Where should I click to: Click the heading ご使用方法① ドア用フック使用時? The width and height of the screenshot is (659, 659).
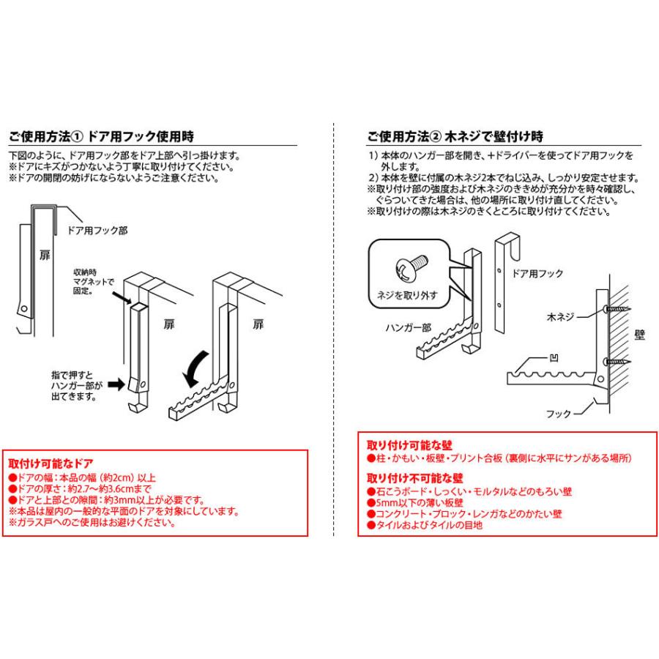tap(101, 136)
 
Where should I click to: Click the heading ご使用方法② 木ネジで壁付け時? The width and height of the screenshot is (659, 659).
tap(455, 136)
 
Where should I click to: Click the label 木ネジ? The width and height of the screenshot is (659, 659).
tap(562, 319)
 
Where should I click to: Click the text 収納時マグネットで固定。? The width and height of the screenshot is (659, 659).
tap(94, 281)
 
